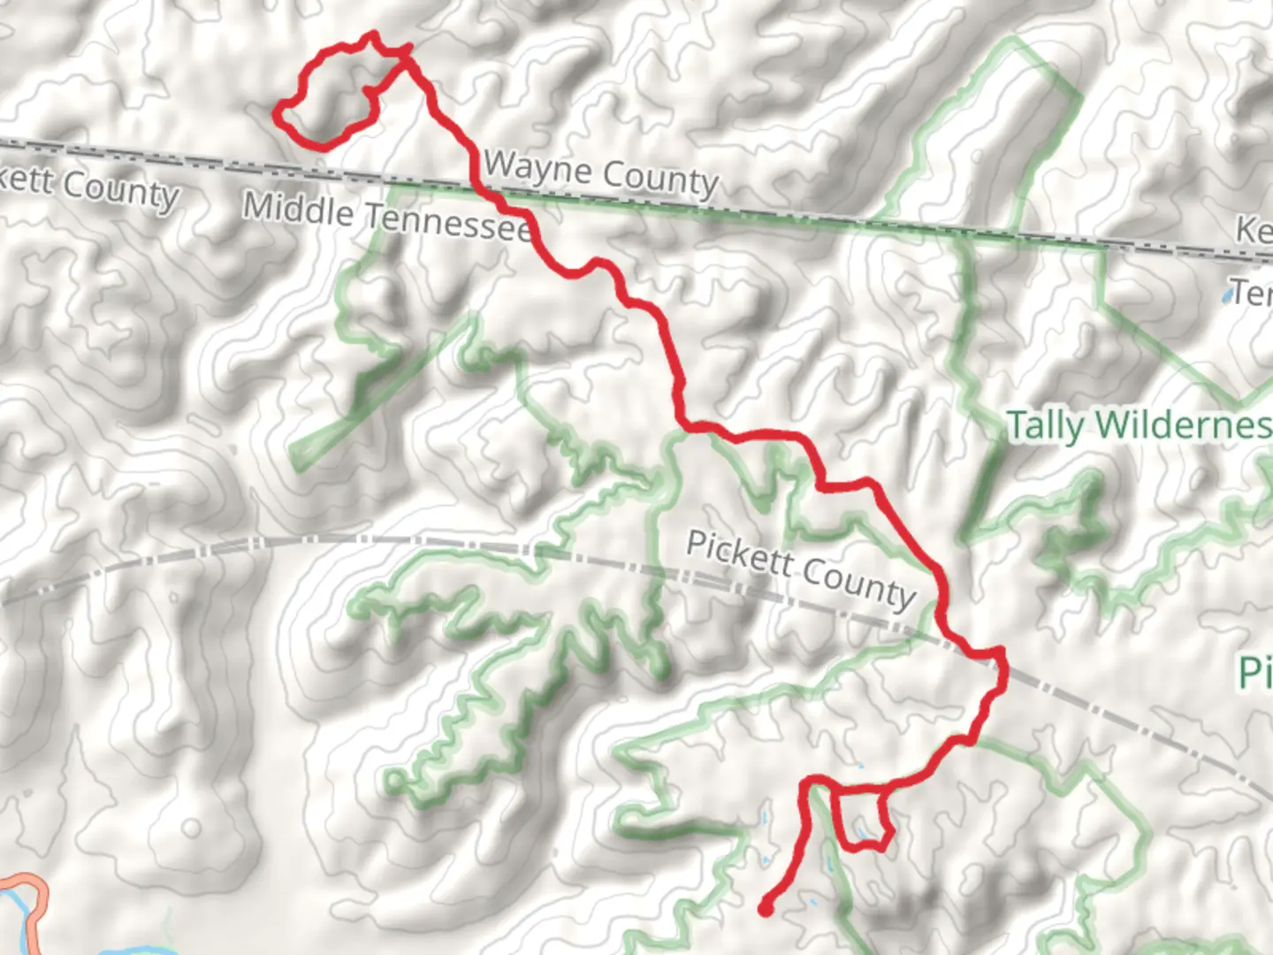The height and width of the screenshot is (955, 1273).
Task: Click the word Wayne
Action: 523,166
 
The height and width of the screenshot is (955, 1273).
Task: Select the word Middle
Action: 298,209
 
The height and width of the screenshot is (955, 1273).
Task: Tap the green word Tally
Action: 1045,425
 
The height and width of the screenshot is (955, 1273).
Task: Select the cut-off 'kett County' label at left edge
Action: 88,186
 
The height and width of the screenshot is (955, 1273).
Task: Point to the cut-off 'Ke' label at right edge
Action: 1254,230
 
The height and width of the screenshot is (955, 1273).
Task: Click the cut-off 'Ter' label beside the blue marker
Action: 1254,292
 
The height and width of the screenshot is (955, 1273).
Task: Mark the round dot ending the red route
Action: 766,908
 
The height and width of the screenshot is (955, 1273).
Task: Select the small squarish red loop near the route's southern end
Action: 858,818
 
